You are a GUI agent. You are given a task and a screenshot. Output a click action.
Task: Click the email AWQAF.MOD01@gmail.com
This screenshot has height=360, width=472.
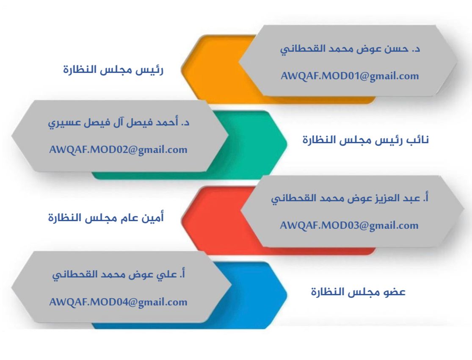[x=350, y=76]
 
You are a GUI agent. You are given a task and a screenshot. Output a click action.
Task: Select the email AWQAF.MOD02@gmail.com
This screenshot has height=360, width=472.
[x=118, y=150]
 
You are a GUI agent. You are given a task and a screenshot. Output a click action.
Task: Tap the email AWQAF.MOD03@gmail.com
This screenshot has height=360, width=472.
[x=349, y=225]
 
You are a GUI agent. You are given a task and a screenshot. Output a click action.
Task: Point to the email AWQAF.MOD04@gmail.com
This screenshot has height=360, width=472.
[x=118, y=302]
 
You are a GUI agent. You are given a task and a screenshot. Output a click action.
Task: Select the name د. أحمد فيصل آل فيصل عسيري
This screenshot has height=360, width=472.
[x=119, y=122]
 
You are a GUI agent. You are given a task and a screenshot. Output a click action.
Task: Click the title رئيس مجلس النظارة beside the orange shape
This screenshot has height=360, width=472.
[x=113, y=69]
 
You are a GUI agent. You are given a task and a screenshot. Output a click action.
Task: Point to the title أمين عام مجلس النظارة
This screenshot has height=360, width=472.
[x=106, y=217]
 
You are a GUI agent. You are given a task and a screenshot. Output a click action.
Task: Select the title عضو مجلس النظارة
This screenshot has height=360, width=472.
[x=358, y=292]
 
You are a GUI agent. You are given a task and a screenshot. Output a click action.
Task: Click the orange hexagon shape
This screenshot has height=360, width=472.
[x=211, y=69]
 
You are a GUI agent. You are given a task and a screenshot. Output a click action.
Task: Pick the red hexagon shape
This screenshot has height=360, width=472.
[x=211, y=220]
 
